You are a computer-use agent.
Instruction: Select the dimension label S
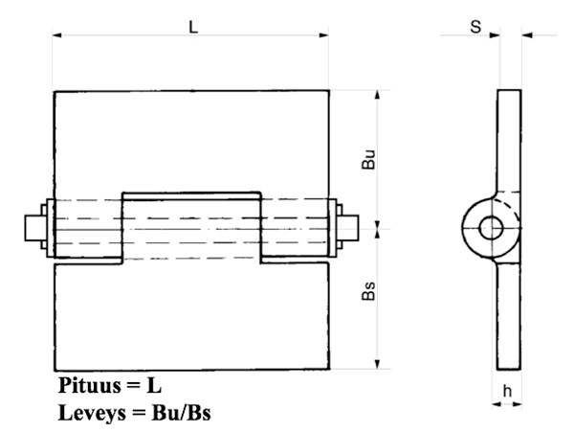475,26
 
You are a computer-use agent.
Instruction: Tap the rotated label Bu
368,160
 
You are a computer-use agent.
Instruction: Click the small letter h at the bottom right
509,391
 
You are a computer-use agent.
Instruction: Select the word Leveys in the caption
91,413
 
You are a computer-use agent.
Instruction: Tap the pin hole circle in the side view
492,228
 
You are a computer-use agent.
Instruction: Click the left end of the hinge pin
33,228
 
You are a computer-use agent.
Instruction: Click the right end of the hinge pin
350,228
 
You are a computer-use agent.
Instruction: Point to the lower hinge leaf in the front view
191,316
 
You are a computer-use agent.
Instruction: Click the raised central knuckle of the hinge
191,226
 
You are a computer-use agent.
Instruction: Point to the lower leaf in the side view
510,316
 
